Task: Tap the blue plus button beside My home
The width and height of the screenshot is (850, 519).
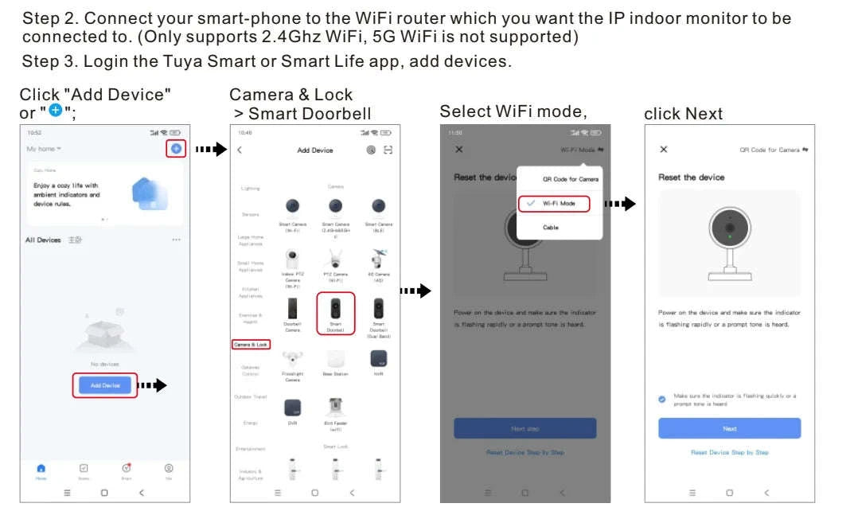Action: point(176,149)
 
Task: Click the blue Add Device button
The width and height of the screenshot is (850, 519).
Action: point(105,385)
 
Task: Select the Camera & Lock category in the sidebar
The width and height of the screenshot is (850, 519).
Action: point(251,345)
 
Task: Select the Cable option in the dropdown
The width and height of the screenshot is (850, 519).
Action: point(551,228)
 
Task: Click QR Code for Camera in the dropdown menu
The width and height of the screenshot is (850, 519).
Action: point(570,179)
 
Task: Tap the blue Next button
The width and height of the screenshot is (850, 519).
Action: point(729,428)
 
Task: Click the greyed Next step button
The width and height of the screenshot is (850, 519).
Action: point(524,428)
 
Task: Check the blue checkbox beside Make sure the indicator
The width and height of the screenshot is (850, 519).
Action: point(662,399)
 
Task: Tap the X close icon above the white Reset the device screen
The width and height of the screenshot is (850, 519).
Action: point(664,150)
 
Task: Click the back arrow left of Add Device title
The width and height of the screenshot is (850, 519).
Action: point(240,150)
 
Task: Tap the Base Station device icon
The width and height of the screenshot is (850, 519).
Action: point(336,359)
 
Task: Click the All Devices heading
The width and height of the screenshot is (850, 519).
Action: point(43,240)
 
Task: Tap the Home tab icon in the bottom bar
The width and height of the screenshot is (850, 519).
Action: point(41,469)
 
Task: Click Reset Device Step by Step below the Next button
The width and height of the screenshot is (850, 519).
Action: point(729,452)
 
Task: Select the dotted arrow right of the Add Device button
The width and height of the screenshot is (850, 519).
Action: point(153,385)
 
